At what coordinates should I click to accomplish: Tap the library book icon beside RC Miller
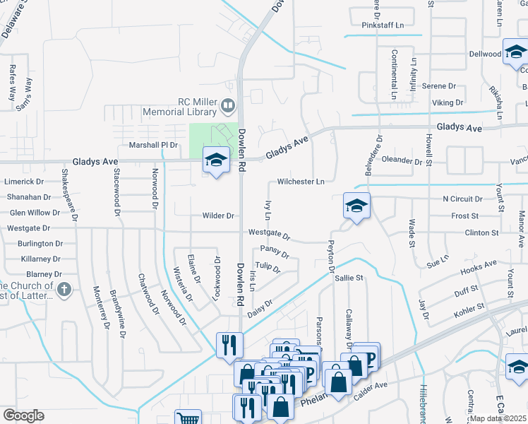tap(227, 107)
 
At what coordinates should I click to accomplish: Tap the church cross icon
tap(64, 289)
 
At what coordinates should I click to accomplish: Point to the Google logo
tap(23, 416)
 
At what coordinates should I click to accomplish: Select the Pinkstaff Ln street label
tap(383, 25)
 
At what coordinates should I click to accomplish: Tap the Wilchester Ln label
tap(301, 182)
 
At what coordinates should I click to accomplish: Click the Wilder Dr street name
tap(218, 216)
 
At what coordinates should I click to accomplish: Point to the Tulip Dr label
tap(268, 267)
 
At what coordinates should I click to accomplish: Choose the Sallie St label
tap(349, 278)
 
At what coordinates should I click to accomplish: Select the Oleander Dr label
tap(407, 160)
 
